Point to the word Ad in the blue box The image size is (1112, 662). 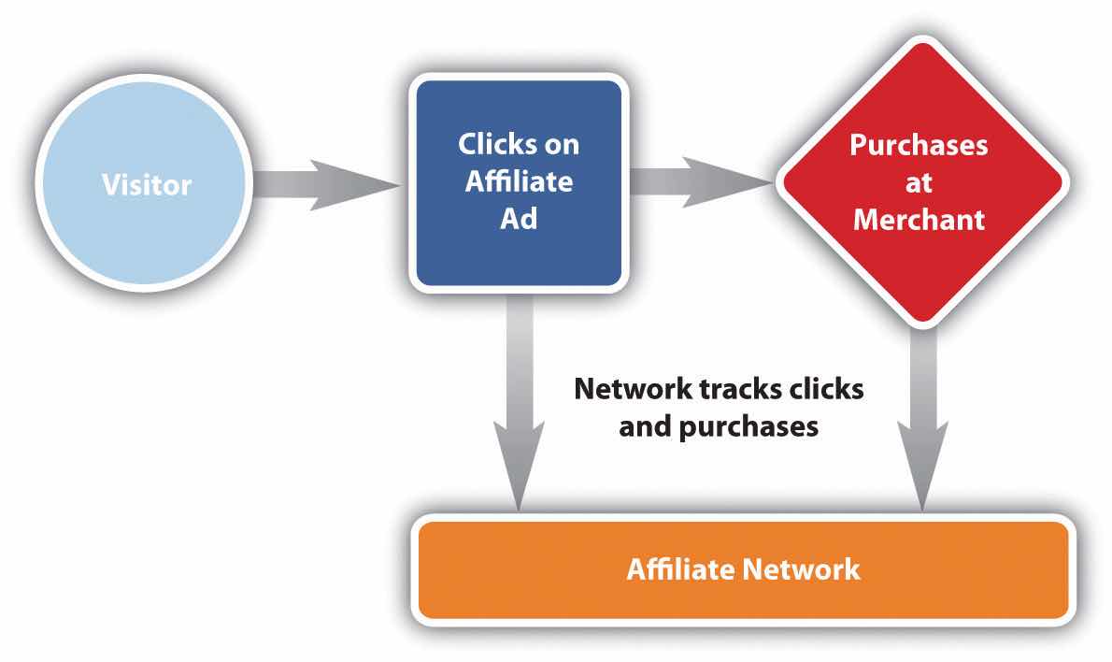point(519,221)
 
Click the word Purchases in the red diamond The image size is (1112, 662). point(919,146)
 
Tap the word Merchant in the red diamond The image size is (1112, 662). point(919,219)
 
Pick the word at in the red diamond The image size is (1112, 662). point(919,182)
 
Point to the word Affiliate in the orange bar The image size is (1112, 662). point(670,568)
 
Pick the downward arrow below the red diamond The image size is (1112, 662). point(923,421)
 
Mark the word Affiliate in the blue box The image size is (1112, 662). point(519,183)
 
